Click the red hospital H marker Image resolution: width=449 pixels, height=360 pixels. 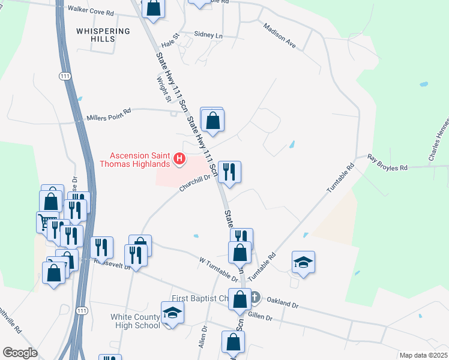point(178,159)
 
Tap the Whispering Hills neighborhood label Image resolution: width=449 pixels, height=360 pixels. point(103,35)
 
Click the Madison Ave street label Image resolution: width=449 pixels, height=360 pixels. point(280,36)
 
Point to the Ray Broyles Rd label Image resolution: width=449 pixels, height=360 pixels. point(387,164)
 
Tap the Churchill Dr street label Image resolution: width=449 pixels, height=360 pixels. point(194,183)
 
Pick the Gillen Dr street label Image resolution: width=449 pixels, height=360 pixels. point(260,316)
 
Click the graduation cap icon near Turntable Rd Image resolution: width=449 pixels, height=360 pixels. point(303,262)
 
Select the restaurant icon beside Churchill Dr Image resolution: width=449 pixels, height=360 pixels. point(229,172)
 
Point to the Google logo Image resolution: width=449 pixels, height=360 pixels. point(20,353)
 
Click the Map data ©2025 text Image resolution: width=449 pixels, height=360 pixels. point(423,355)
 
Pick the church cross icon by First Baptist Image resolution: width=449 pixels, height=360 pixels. point(255,297)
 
